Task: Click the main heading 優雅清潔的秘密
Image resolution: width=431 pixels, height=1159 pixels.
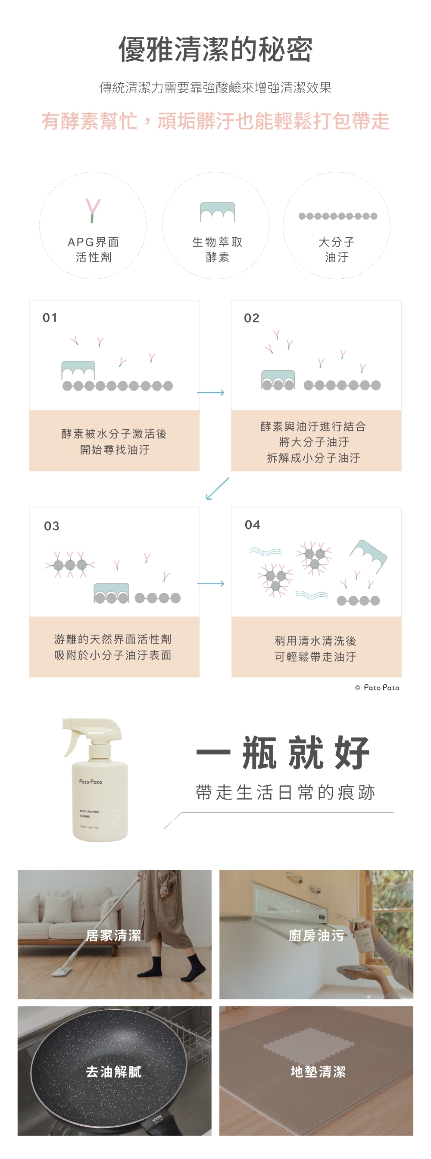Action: click(x=215, y=50)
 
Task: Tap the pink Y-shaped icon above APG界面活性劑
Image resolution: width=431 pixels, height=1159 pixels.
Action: click(x=93, y=211)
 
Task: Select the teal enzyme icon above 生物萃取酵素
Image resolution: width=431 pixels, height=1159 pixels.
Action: click(x=218, y=212)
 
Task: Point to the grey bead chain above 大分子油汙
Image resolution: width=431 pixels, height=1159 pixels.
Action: click(x=337, y=216)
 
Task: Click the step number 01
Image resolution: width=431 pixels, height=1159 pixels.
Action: click(x=50, y=318)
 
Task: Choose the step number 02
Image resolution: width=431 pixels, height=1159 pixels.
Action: click(x=252, y=318)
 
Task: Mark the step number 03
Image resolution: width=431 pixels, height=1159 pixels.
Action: click(x=52, y=526)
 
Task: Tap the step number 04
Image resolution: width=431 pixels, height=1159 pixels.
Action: click(x=253, y=525)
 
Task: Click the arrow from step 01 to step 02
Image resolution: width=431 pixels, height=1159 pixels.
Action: click(x=210, y=393)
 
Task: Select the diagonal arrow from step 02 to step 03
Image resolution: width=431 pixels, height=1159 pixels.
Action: click(x=217, y=488)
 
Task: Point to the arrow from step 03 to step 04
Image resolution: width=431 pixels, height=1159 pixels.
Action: click(x=210, y=583)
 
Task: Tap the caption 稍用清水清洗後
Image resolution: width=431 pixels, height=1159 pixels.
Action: click(x=315, y=640)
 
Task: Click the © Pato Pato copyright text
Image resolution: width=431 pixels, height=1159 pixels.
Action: click(x=377, y=687)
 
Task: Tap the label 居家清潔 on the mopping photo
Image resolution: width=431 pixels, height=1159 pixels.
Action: click(x=113, y=935)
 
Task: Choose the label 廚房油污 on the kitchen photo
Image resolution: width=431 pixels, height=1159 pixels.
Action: click(x=316, y=935)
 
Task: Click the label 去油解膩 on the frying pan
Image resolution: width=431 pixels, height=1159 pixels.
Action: click(x=113, y=1072)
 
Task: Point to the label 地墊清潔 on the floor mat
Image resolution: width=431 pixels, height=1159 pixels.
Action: click(x=318, y=1072)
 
